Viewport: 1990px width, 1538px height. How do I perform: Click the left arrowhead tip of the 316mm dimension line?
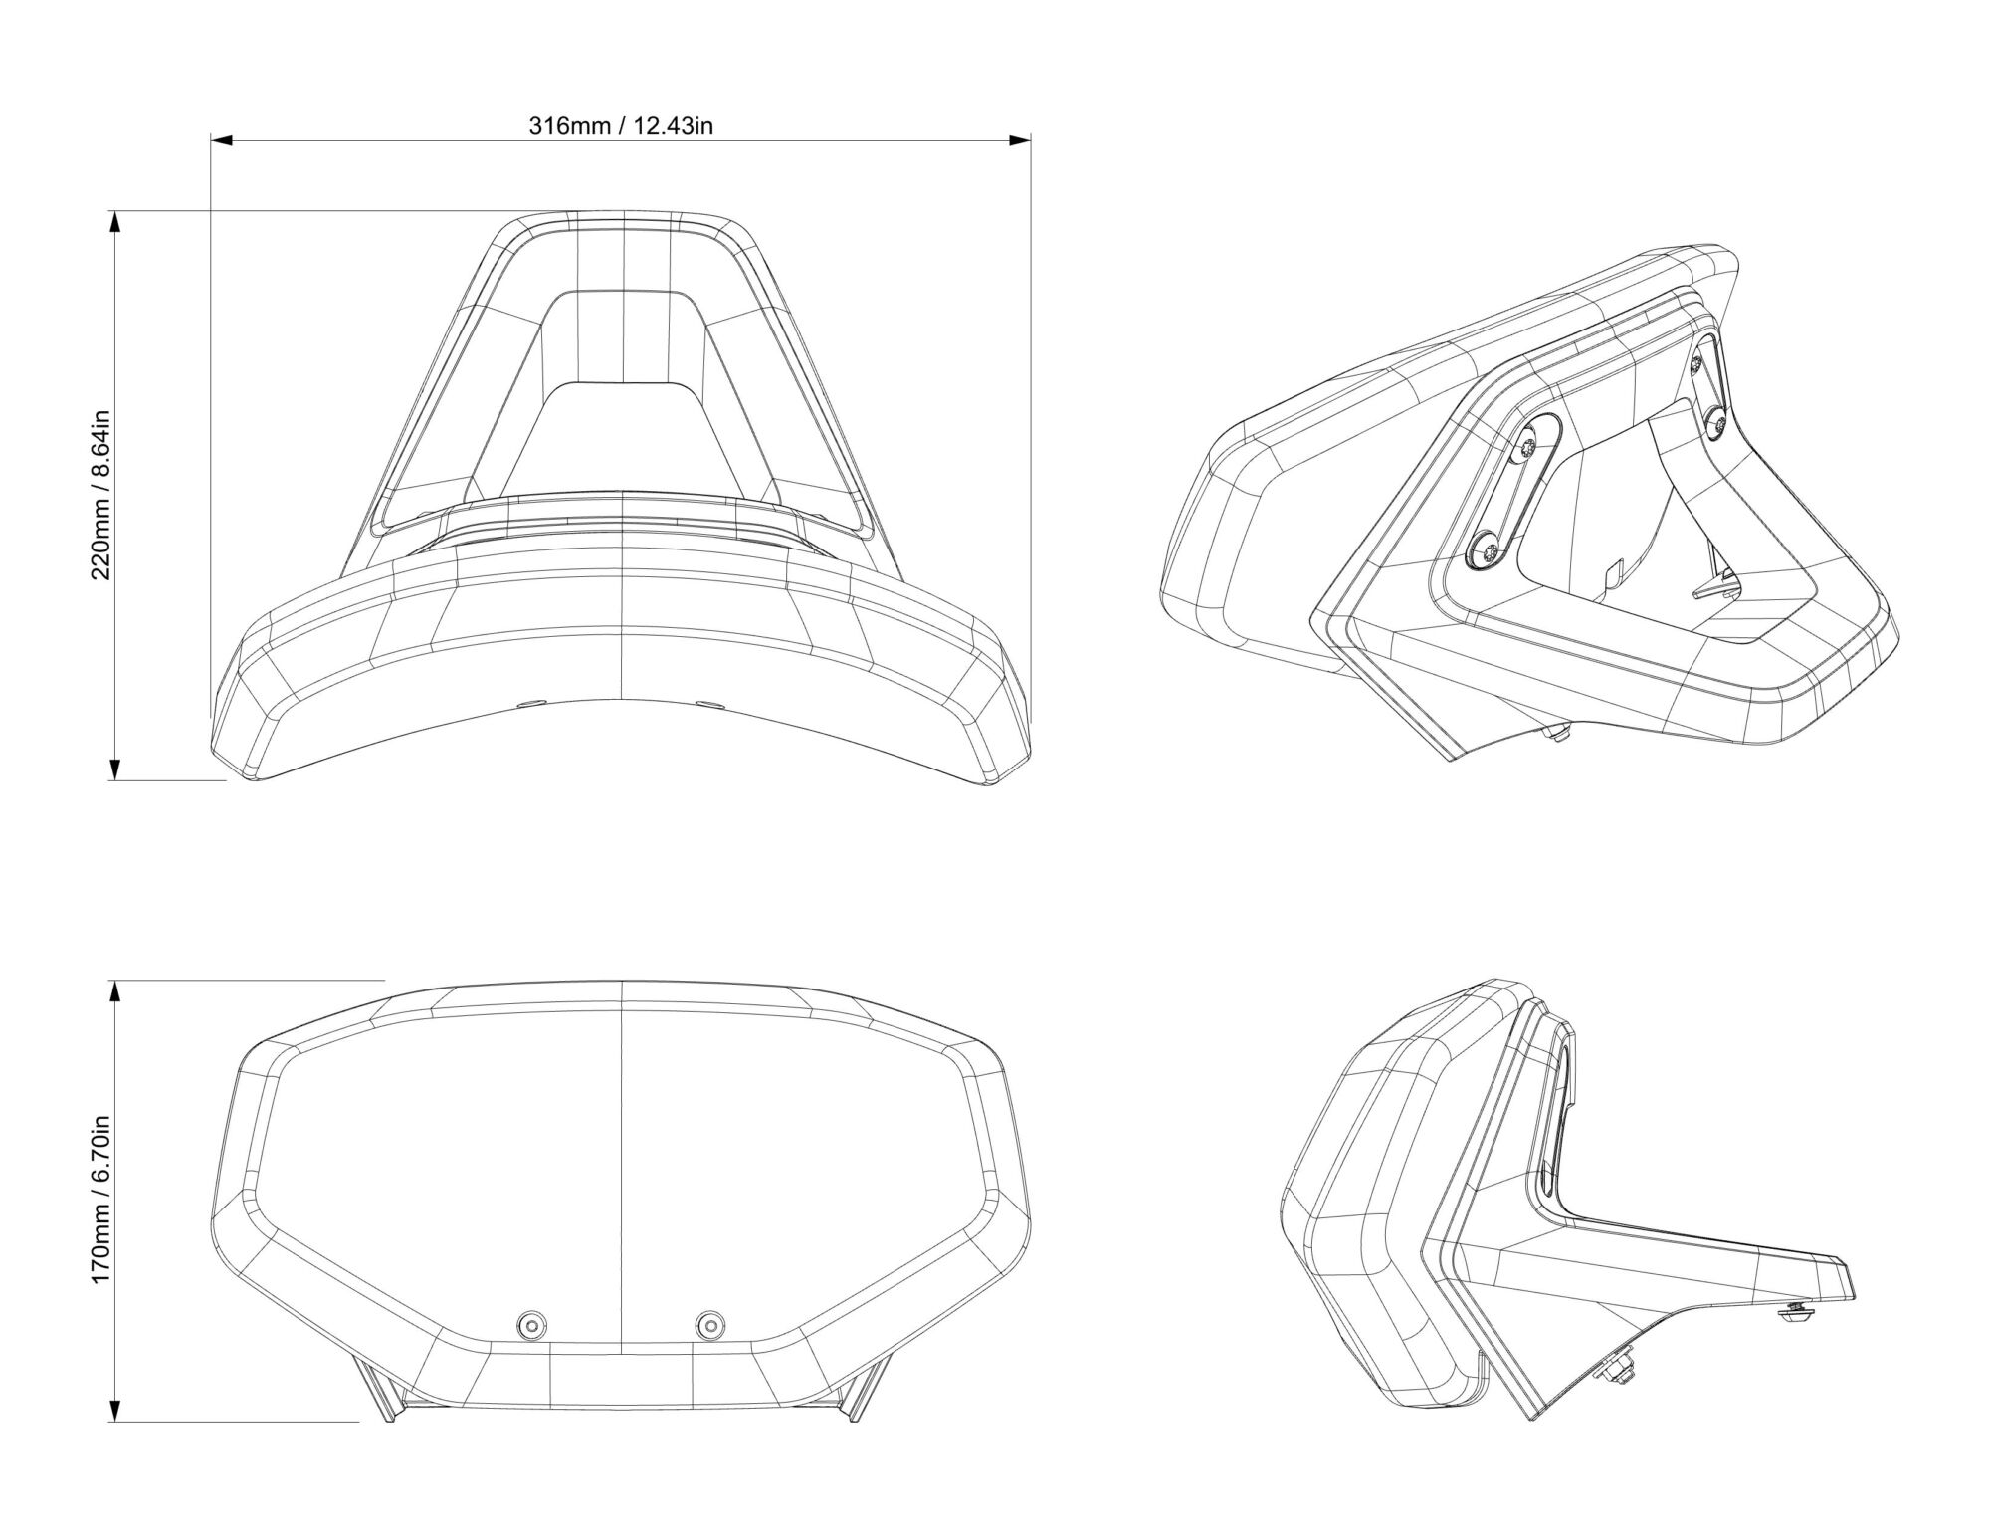tap(211, 141)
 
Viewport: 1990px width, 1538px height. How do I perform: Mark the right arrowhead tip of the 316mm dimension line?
tap(1030, 141)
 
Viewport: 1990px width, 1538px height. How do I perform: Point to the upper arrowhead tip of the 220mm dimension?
tap(114, 211)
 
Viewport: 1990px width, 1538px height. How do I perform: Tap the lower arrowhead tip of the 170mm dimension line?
tap(114, 1422)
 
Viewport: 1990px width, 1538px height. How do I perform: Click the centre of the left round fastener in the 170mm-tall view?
tap(531, 1324)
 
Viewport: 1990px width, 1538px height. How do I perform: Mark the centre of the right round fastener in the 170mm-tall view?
tap(710, 1324)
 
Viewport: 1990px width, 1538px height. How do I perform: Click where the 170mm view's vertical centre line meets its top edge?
tap(621, 981)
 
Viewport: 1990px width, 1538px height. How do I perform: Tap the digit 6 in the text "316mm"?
tap(555, 126)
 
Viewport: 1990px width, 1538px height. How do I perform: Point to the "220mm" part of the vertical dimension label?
tap(103, 538)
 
